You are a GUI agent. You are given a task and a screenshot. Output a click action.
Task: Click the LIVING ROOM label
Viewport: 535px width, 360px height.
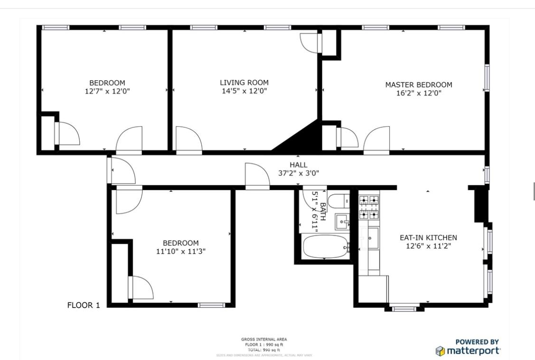(x=244, y=83)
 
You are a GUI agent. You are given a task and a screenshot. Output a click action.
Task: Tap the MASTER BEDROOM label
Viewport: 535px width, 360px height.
(x=418, y=85)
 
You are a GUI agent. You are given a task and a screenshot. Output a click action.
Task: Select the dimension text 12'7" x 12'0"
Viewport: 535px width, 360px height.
(x=107, y=91)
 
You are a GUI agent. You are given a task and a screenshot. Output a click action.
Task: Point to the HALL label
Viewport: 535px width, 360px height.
(x=298, y=165)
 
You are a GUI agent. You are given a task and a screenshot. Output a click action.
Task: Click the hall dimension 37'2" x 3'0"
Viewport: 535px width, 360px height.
(x=298, y=173)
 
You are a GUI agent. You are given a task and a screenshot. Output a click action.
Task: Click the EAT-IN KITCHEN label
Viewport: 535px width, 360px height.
(x=428, y=237)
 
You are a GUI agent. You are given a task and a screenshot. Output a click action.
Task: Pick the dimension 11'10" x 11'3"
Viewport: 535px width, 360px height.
(x=180, y=251)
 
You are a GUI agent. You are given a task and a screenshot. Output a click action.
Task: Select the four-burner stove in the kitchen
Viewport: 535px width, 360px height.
(x=369, y=207)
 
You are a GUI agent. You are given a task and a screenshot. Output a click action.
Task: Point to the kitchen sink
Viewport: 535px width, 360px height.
(x=373, y=238)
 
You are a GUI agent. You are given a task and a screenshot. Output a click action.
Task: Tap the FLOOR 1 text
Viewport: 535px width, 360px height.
(x=84, y=305)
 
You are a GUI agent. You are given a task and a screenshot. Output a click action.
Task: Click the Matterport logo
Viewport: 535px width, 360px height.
(x=468, y=351)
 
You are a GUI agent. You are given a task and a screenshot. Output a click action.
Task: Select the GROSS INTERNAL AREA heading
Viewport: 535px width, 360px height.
(x=264, y=339)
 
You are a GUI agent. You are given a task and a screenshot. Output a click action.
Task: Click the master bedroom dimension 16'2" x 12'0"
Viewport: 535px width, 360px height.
(x=418, y=94)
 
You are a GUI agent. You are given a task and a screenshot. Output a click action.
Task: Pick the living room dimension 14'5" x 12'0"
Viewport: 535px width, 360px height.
(x=244, y=91)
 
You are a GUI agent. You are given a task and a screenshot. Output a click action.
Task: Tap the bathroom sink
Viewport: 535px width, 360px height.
(x=342, y=221)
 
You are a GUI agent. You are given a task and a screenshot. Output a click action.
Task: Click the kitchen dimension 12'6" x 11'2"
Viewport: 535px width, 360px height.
(x=428, y=246)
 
